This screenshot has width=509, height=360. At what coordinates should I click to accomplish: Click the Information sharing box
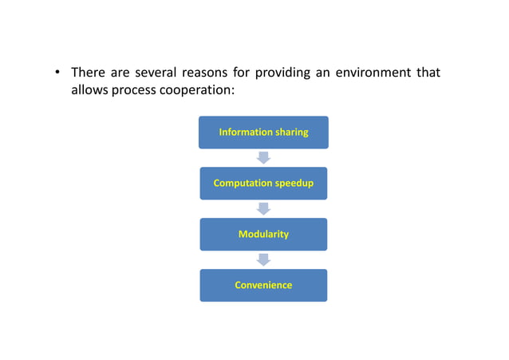pos(263,133)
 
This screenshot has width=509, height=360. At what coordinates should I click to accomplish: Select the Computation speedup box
pos(263,184)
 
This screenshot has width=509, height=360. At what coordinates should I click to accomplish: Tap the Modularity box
pos(263,235)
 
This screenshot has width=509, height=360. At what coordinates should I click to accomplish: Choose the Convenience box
pos(263,285)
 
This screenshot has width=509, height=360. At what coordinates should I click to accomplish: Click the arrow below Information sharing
pos(263,158)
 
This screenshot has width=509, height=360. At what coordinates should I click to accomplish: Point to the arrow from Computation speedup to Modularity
pos(263,209)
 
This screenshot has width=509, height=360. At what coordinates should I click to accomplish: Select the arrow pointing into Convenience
pos(263,259)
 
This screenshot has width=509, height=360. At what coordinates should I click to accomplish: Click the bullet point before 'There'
pos(57,73)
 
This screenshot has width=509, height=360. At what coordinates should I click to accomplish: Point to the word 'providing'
pos(286,73)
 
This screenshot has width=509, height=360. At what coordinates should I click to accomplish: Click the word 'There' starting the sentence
pos(89,73)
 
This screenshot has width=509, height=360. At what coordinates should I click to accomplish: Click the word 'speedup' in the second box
pos(294,184)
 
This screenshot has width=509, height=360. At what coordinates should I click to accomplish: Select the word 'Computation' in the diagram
pos(242,184)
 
